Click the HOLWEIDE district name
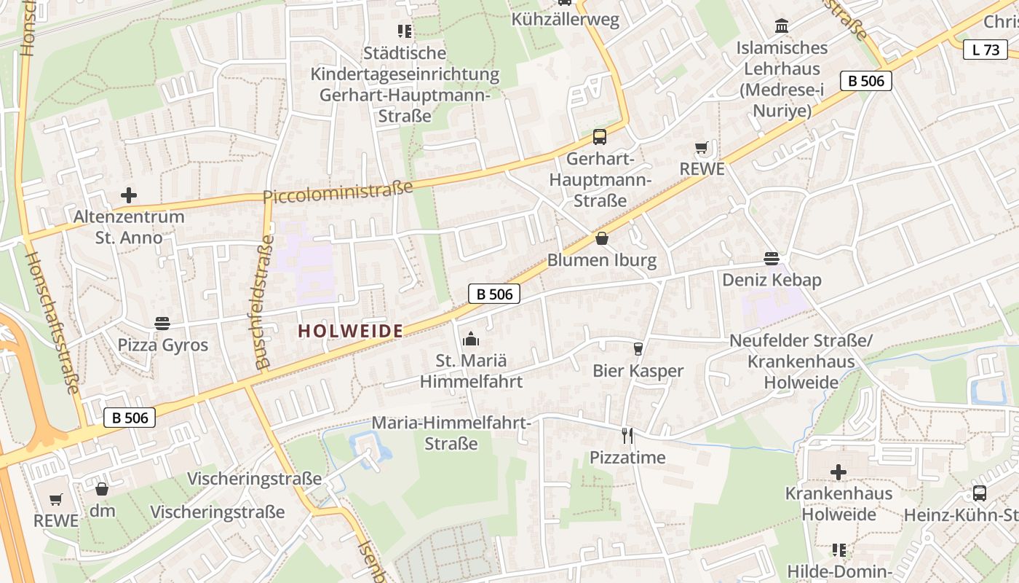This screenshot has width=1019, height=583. pyautogui.click(x=350, y=331)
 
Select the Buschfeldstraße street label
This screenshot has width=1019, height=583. pyautogui.click(x=264, y=302)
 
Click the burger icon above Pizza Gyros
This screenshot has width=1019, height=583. pyautogui.click(x=162, y=323)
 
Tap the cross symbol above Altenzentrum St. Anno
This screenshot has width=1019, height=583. pyautogui.click(x=129, y=195)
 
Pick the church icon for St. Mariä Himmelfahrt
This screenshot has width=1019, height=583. pyautogui.click(x=471, y=339)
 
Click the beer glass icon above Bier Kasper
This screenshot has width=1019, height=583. pyautogui.click(x=638, y=349)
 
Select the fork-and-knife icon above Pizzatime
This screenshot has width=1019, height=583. pyautogui.click(x=627, y=436)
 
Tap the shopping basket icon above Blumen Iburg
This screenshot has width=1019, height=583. pyautogui.click(x=602, y=238)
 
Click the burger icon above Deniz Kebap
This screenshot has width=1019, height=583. pyautogui.click(x=772, y=259)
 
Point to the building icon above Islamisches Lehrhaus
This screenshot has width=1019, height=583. pyautogui.click(x=782, y=26)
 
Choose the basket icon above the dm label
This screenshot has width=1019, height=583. pyautogui.click(x=102, y=489)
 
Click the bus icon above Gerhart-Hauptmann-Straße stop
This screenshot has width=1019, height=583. pyautogui.click(x=600, y=136)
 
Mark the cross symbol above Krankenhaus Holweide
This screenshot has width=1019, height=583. pyautogui.click(x=838, y=472)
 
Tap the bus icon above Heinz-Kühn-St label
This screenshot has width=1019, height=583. pyautogui.click(x=980, y=493)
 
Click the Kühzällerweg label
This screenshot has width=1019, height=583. pyautogui.click(x=565, y=20)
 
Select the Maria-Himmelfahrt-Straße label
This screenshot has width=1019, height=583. pyautogui.click(x=451, y=433)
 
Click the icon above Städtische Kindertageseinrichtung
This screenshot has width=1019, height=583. pyautogui.click(x=405, y=31)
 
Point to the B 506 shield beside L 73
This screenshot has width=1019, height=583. pyautogui.click(x=865, y=81)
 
